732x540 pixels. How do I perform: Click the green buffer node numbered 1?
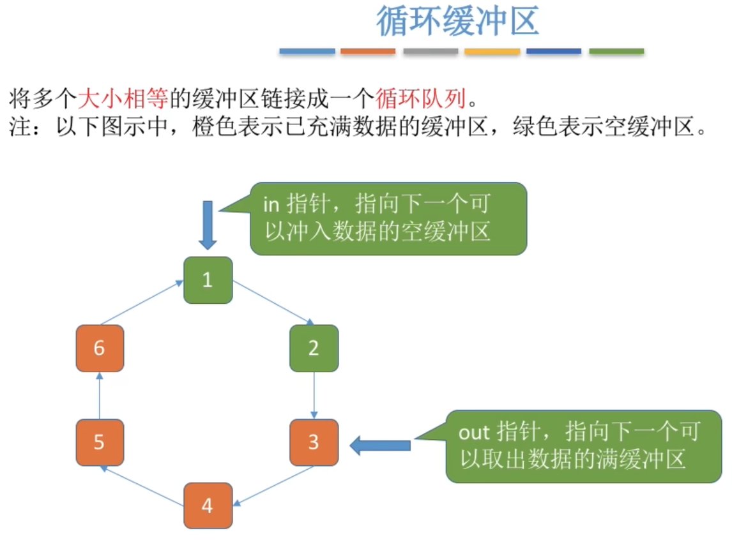pyautogui.click(x=208, y=280)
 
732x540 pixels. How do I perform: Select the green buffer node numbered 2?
pyautogui.click(x=314, y=348)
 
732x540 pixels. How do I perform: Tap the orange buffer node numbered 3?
pyautogui.click(x=314, y=442)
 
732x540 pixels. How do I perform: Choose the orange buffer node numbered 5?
pyautogui.click(x=100, y=442)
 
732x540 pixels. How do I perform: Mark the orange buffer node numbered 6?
pyautogui.click(x=100, y=348)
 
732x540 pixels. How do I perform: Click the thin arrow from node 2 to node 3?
pyautogui.click(x=314, y=395)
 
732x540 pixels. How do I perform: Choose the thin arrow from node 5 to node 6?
pyautogui.click(x=100, y=395)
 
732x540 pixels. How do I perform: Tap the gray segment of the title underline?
pyautogui.click(x=431, y=51)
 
